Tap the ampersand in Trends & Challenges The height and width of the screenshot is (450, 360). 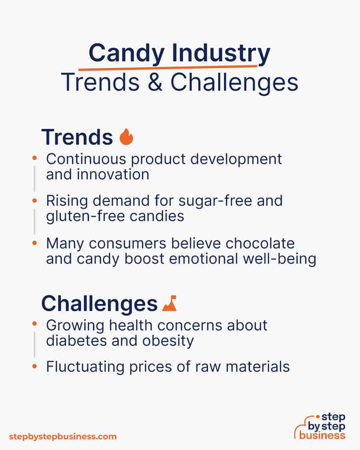(x=157, y=83)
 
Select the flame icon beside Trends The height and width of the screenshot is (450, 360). (x=126, y=137)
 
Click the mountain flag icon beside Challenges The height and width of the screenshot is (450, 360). (x=169, y=304)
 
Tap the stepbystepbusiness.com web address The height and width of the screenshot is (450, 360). (x=63, y=436)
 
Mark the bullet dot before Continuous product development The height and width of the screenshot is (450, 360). (x=35, y=159)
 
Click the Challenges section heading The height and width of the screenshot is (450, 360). (x=99, y=304)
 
